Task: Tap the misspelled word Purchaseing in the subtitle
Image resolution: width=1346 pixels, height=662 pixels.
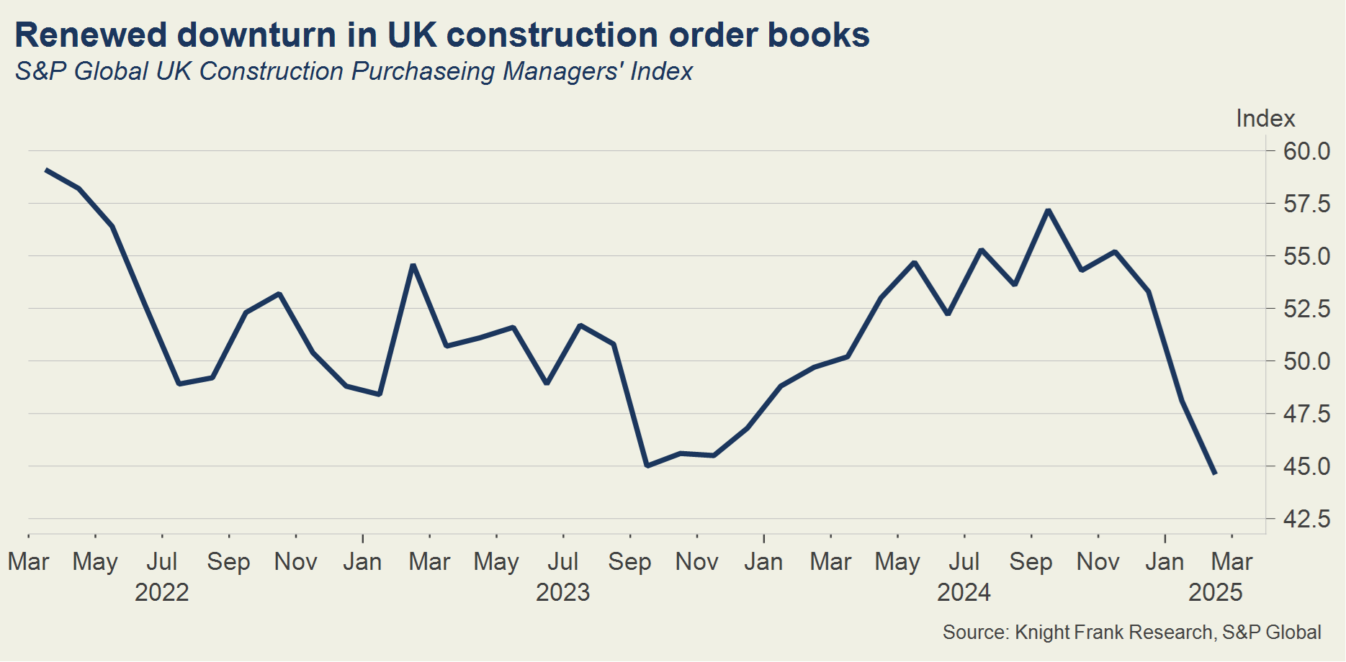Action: click(x=423, y=71)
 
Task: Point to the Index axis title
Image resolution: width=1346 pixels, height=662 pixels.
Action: click(x=1265, y=118)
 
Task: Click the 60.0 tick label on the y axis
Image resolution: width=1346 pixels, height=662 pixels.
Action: click(x=1306, y=151)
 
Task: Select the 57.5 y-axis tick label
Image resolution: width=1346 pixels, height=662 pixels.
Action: click(x=1306, y=204)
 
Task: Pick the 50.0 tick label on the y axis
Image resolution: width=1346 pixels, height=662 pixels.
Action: click(x=1306, y=361)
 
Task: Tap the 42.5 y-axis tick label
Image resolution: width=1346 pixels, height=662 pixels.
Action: click(x=1306, y=519)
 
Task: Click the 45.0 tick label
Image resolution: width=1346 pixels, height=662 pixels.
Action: click(x=1306, y=466)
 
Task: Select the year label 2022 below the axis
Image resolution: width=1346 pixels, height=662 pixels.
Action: click(x=162, y=592)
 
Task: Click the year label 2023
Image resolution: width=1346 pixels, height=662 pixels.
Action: click(x=562, y=592)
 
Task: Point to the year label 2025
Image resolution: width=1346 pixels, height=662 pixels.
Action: click(x=1216, y=592)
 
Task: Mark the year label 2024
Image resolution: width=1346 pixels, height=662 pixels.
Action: click(x=964, y=592)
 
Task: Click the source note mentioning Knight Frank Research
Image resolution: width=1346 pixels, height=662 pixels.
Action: click(x=1131, y=632)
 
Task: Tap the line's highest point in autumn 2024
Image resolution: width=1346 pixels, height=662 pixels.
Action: click(x=1049, y=210)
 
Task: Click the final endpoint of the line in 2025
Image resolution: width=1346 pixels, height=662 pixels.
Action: click(x=1215, y=473)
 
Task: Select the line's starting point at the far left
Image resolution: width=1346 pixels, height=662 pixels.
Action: click(x=46, y=171)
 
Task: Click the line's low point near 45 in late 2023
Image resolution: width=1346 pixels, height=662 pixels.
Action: click(x=647, y=466)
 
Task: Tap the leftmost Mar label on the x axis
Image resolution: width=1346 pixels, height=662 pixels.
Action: click(x=28, y=561)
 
